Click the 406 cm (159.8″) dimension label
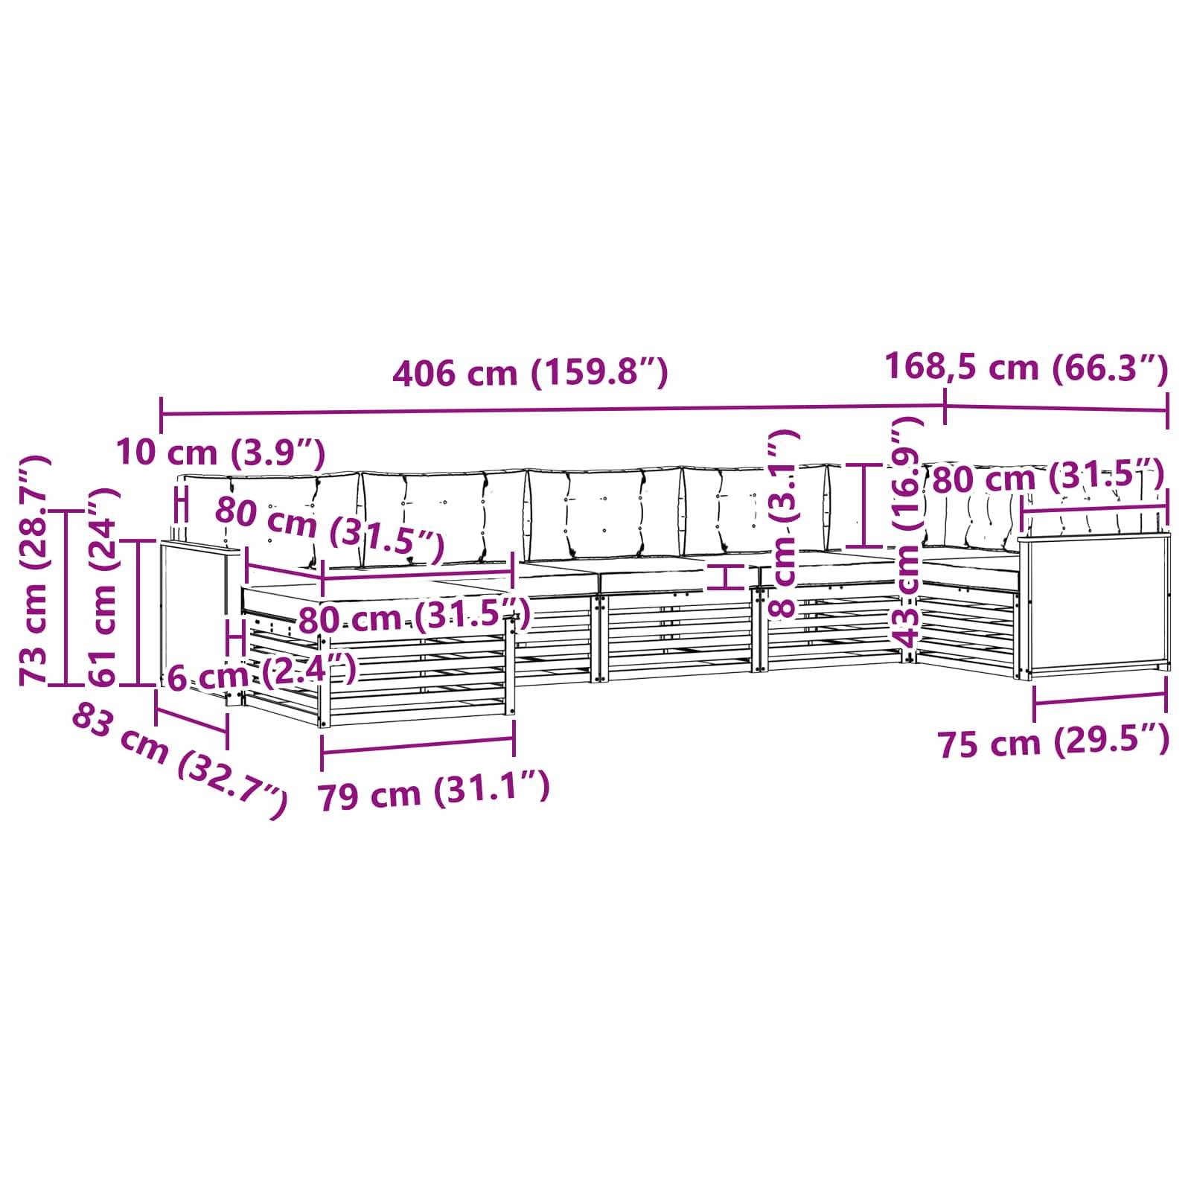530,372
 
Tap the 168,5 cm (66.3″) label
1026,368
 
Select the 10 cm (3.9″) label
221,452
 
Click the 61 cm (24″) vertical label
102,587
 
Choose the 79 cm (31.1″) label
435,791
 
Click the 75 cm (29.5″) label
1053,742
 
